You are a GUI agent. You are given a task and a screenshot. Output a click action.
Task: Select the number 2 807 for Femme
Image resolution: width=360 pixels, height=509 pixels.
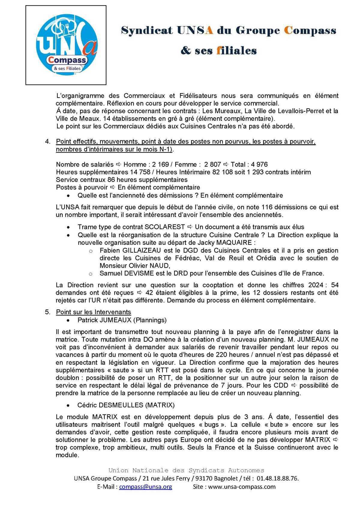pyautogui.click(x=212, y=164)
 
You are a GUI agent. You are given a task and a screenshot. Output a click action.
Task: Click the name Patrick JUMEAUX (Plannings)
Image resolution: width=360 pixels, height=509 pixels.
pyautogui.click(x=122, y=320)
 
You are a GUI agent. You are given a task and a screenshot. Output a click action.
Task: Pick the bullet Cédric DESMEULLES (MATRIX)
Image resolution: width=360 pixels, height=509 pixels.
pyautogui.click(x=126, y=405)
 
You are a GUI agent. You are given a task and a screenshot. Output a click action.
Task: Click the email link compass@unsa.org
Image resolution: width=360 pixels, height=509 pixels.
pyautogui.click(x=145, y=487)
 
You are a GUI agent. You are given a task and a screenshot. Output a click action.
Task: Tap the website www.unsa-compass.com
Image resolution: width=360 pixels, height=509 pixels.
pyautogui.click(x=242, y=487)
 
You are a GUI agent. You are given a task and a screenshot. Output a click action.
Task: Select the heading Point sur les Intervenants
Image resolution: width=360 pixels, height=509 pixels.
pyautogui.click(x=93, y=312)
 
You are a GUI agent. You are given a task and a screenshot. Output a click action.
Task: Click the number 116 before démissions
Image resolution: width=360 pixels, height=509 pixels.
pyautogui.click(x=267, y=207)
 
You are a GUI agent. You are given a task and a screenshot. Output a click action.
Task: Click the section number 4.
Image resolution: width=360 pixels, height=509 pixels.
pyautogui.click(x=47, y=141)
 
